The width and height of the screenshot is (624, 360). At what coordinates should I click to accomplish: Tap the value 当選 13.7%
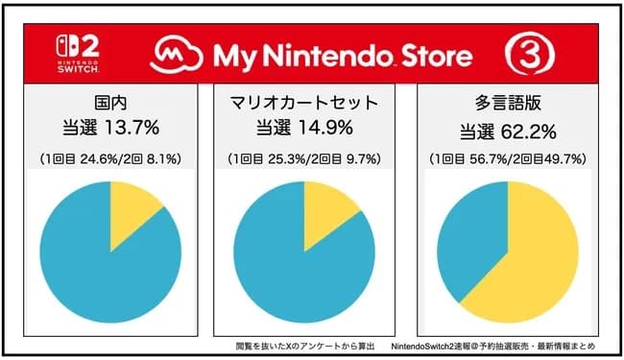[111, 127]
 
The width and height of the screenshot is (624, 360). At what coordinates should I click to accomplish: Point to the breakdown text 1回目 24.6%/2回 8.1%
[111, 157]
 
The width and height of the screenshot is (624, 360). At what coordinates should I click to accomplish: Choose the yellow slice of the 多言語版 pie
[538, 259]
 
